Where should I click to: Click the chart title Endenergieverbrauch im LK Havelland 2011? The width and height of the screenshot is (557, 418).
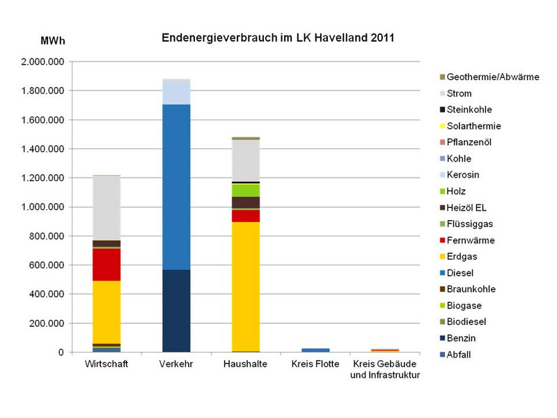[278, 38]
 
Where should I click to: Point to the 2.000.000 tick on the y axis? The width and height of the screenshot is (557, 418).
[42, 62]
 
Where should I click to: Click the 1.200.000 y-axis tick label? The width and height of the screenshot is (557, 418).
[42, 178]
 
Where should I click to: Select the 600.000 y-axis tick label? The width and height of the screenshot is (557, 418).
[46, 265]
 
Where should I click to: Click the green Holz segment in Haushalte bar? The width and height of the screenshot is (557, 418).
[246, 190]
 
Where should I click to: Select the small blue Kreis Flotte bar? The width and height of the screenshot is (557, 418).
[315, 350]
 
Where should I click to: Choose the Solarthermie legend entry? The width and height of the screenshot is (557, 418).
[473, 126]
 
